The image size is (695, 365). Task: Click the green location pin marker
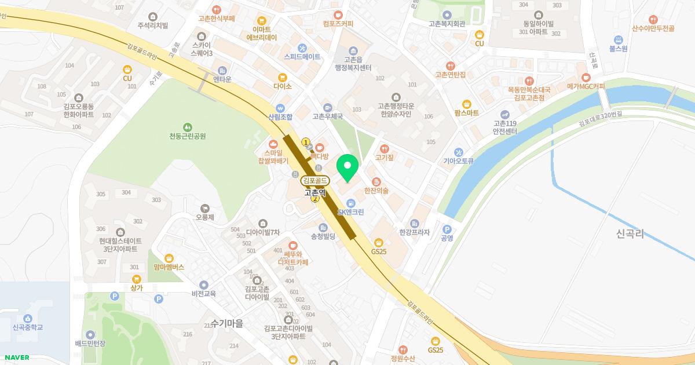[348, 169]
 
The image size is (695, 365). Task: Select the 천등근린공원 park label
[188, 136]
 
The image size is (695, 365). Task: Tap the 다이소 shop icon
[283, 77]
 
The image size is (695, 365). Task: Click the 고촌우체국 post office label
[328, 116]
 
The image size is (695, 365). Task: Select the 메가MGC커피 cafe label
[586, 86]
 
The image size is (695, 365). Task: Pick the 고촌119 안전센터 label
[505, 127]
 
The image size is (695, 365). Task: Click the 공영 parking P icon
[447, 229]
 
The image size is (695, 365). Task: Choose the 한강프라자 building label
[415, 232]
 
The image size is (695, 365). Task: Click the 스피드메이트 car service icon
[302, 48]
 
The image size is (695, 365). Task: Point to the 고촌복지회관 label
[447, 24]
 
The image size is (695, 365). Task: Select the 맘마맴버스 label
[169, 267]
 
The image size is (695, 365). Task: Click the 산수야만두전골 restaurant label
[653, 28]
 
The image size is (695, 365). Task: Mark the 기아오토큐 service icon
[459, 152]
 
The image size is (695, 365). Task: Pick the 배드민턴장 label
[90, 344]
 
